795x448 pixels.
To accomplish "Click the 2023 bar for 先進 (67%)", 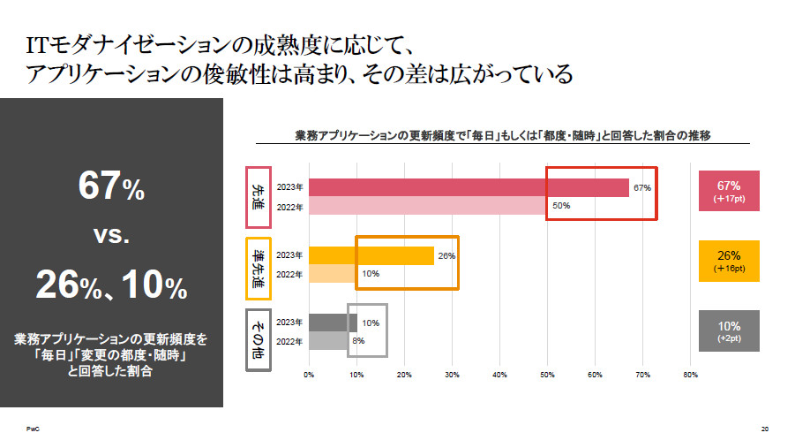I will [x=468, y=187].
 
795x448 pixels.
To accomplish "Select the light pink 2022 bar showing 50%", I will [x=428, y=206].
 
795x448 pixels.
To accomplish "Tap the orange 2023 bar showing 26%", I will [x=371, y=255].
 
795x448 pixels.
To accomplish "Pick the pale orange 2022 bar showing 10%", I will [x=333, y=274].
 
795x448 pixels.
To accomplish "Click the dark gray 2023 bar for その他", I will [x=333, y=323].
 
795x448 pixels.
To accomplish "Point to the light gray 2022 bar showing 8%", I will [x=328, y=340].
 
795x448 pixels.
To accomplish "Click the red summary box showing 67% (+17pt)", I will [x=728, y=192].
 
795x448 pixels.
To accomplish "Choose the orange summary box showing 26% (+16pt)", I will [x=728, y=261].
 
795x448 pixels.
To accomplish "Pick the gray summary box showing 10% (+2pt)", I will [x=728, y=330].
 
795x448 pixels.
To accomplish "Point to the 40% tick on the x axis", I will [x=499, y=376].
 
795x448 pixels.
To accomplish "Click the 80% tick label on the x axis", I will [x=690, y=376].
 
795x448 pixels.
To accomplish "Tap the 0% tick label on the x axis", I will [x=309, y=376].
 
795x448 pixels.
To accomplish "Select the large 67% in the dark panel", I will [x=111, y=187].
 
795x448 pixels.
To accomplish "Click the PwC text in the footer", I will [x=32, y=429].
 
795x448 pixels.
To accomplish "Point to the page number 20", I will [x=764, y=429].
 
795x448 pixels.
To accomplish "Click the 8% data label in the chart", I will [x=358, y=340].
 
